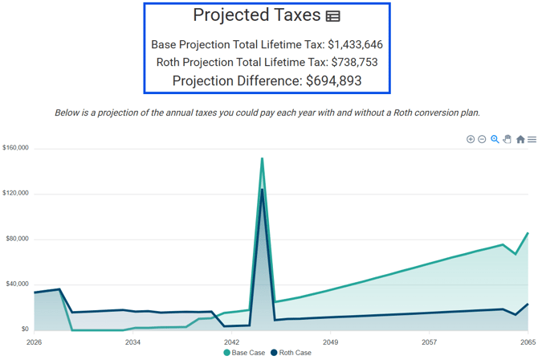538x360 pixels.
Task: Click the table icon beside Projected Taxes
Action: (332, 16)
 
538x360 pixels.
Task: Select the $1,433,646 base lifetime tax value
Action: (355, 45)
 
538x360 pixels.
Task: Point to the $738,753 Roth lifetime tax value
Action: (354, 62)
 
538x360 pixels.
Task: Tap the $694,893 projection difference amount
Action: (334, 81)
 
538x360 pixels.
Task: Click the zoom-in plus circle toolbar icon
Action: (471, 139)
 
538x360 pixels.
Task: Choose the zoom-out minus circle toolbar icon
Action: (482, 139)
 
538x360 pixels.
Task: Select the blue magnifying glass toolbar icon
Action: (495, 139)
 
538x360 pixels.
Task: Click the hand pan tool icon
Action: (507, 139)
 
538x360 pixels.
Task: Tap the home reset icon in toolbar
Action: (520, 139)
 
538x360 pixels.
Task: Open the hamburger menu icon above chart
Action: (532, 139)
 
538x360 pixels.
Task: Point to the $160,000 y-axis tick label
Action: (15, 148)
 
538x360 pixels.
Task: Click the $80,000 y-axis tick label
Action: (17, 239)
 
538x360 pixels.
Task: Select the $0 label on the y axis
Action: (25, 329)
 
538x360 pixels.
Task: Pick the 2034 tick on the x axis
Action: (132, 342)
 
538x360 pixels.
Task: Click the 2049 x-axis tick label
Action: (330, 342)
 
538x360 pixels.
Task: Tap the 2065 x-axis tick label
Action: (528, 342)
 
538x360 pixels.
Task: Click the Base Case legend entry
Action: (244, 353)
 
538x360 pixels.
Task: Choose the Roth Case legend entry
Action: (291, 353)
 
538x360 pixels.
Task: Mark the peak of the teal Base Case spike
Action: (262, 158)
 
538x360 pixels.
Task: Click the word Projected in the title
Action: (231, 15)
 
